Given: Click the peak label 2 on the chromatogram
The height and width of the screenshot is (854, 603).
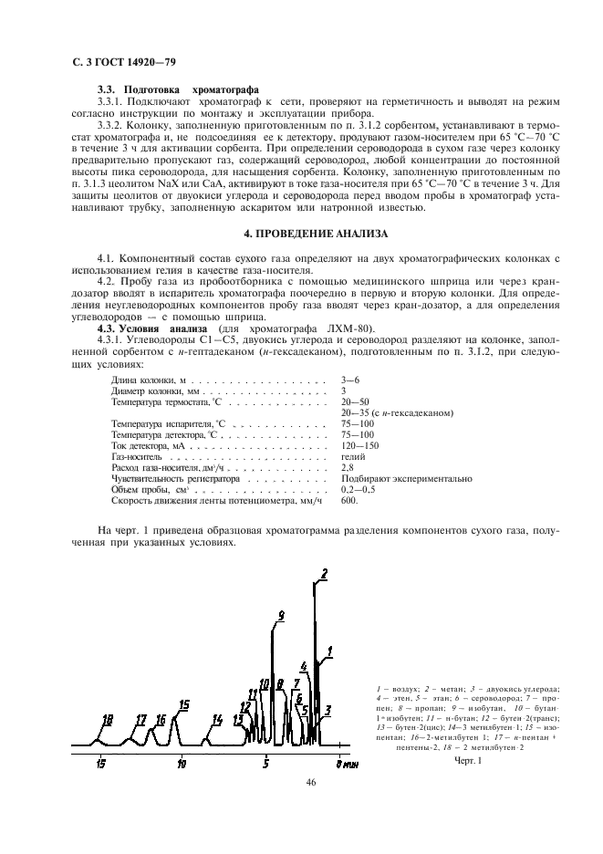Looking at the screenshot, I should coord(323,574).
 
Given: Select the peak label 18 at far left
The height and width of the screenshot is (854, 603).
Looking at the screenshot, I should coord(108,720).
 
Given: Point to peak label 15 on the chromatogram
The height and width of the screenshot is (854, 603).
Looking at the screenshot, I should coord(184,704).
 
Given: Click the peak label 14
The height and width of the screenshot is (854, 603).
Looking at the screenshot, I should coord(217,720).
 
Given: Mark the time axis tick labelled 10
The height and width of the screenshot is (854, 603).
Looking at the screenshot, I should coord(182,763).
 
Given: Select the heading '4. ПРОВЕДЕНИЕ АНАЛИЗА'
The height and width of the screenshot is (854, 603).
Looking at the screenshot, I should coord(302,234).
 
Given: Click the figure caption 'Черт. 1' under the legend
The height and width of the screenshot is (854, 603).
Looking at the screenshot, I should coord(466,759).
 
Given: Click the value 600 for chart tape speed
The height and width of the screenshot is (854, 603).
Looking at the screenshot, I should coord(349,500).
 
